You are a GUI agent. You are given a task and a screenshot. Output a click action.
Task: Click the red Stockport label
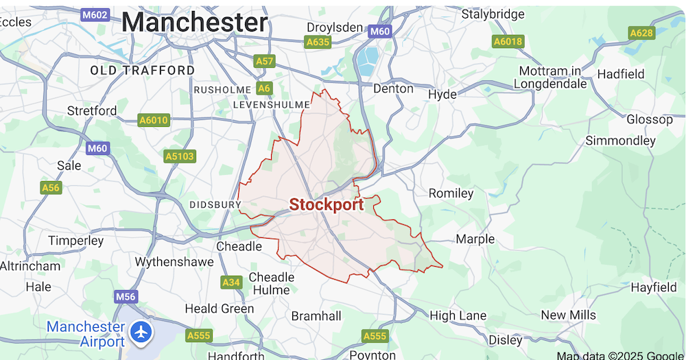tap(326, 204)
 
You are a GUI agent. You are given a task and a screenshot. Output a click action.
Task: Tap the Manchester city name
tap(194, 22)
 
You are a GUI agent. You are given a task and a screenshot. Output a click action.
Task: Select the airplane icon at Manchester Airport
tap(142, 333)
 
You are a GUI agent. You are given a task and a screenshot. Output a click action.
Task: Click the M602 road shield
tap(95, 15)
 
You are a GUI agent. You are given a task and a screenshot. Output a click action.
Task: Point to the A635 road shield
tap(318, 42)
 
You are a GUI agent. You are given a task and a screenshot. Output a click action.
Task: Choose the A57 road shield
tap(264, 62)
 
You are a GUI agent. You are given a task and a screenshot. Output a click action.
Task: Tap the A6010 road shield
tap(153, 120)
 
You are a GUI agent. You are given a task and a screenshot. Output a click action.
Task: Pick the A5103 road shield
tap(180, 156)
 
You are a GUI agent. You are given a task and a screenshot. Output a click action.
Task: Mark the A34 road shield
tap(231, 282)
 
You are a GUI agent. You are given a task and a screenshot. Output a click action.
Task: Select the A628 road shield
tap(641, 33)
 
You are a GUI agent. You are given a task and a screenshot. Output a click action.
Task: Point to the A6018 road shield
tap(508, 42)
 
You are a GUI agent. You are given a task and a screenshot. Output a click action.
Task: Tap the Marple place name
tap(475, 239)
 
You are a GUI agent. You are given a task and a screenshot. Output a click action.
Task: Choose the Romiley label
tap(451, 193)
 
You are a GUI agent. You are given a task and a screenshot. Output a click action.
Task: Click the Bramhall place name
tap(316, 316)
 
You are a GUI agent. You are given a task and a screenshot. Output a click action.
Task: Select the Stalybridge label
tap(493, 14)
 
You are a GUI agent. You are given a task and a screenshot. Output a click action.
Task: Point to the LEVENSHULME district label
tap(271, 105)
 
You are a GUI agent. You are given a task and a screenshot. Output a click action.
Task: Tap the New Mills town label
tap(568, 315)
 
